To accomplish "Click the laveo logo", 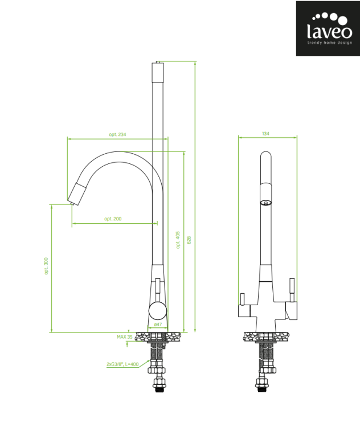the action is coord(328,28).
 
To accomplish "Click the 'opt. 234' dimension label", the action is coord(117,134).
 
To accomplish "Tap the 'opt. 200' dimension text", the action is coord(113,219).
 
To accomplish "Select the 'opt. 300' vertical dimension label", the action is coord(46,266).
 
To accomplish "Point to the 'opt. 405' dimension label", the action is coord(178,240).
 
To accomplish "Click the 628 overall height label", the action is coord(189,240).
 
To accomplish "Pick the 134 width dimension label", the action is coord(265,133).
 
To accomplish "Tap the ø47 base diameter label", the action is coord(158,325).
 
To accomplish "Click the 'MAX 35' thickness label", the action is coord(125,337).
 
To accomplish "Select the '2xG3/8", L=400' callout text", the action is coord(122,364).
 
